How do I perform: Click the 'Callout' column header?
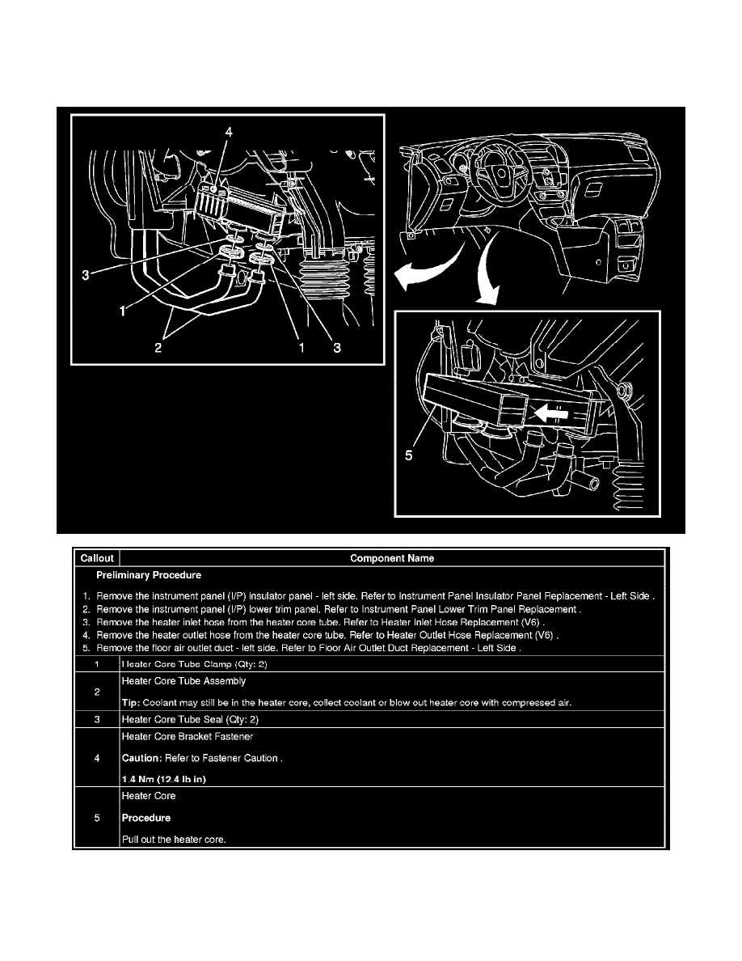[96, 558]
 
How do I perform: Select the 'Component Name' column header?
[391, 558]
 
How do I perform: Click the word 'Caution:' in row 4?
[141, 759]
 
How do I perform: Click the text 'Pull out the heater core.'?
[173, 839]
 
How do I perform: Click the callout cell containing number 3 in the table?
[96, 719]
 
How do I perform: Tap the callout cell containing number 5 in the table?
[96, 818]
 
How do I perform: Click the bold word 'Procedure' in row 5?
[145, 818]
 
